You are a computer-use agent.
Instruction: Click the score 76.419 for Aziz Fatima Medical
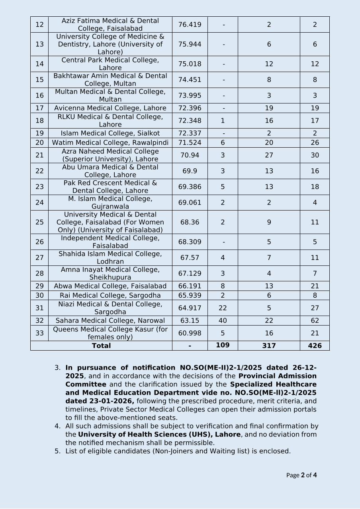190,25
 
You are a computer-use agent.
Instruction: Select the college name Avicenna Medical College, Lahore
110,108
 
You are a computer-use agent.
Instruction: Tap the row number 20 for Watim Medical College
39,143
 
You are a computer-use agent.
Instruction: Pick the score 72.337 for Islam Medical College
190,133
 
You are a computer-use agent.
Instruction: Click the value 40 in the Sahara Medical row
223,321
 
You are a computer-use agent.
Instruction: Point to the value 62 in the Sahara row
315,321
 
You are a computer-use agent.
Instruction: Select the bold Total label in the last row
101,346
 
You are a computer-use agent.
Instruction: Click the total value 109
223,345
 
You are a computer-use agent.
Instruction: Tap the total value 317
269,346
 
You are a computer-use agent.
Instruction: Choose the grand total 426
315,346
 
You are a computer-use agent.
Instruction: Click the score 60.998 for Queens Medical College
190,333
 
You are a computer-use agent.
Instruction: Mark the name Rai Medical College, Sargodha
110,295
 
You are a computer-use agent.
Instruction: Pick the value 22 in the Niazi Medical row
223,308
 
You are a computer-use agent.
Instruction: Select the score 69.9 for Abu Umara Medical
190,171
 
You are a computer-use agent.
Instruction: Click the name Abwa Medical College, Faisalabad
110,286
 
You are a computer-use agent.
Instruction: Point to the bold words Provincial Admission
277,376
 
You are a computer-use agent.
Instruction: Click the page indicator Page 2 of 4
301,475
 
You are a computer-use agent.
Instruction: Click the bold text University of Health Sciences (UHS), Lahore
159,435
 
